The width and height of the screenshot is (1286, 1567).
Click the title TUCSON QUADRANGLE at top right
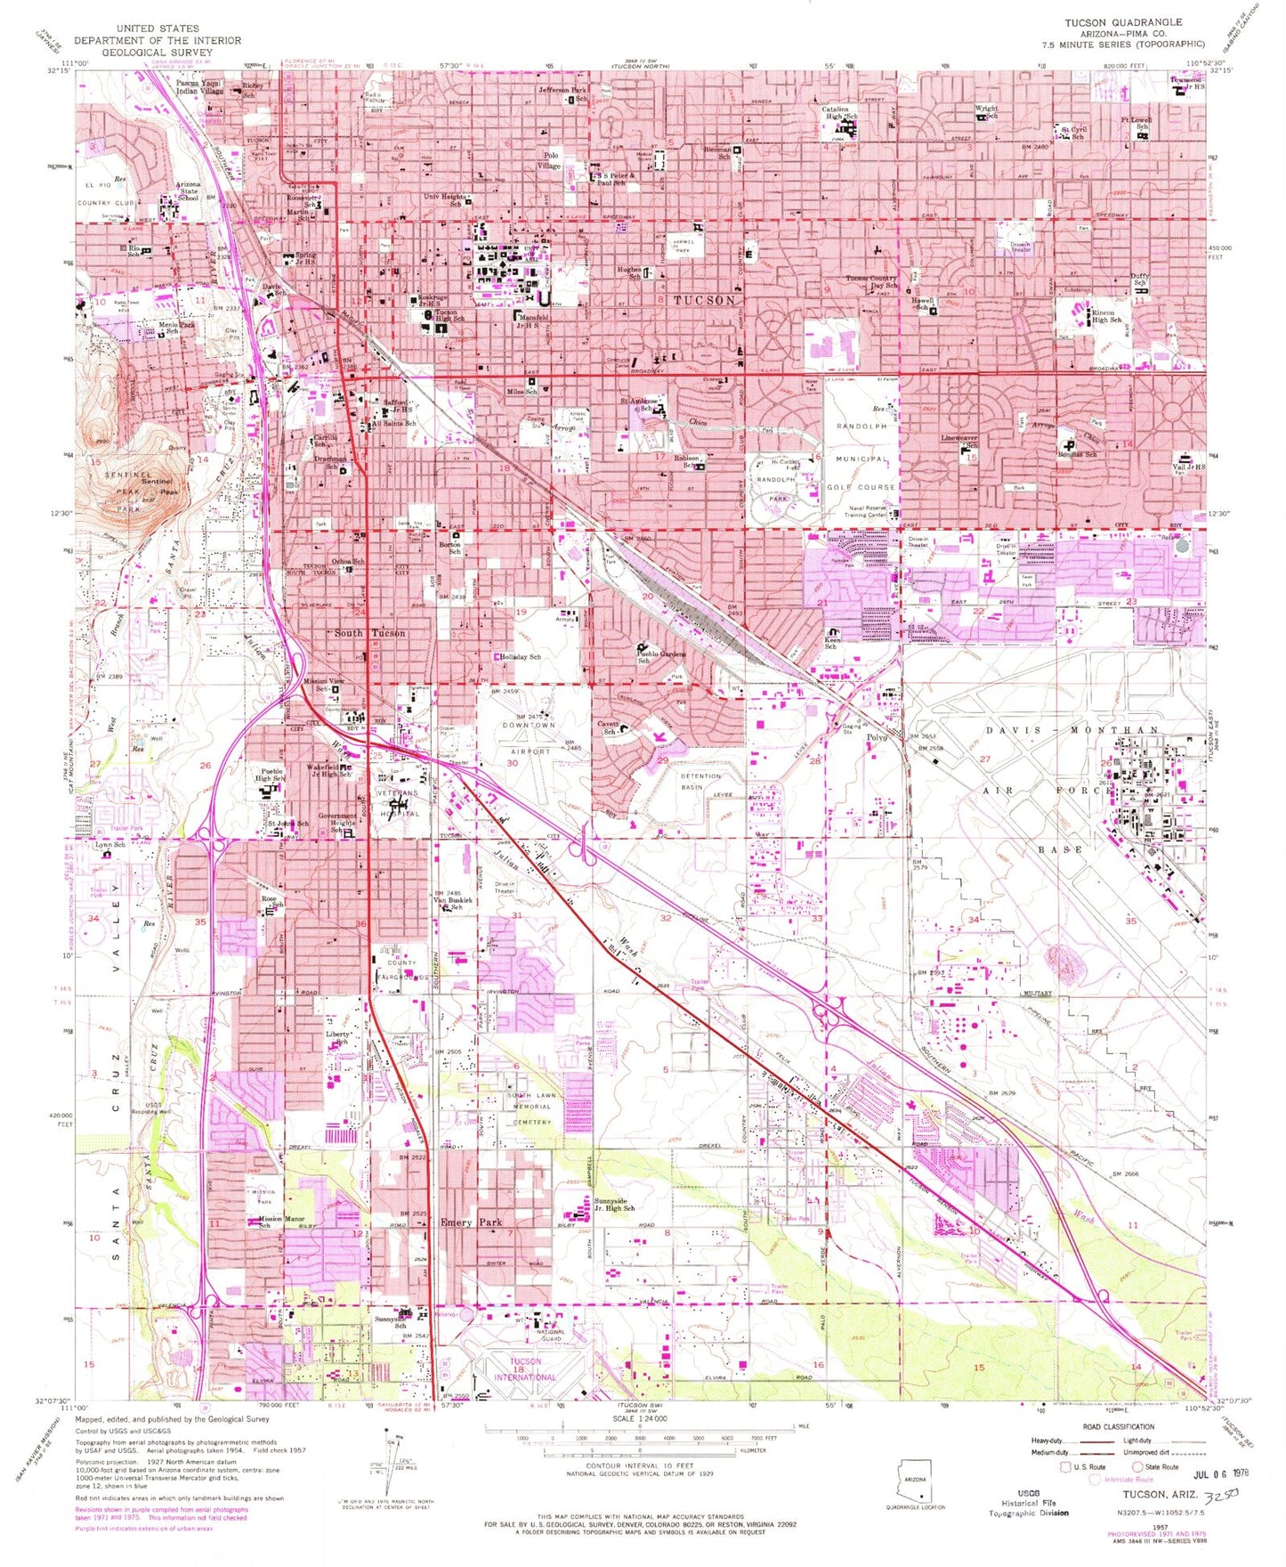(x=1123, y=21)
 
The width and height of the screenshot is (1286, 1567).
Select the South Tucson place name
(x=369, y=633)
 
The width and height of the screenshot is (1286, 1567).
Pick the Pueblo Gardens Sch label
(x=659, y=656)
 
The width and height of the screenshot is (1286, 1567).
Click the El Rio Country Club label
(x=106, y=193)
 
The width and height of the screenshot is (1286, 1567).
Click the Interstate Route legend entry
(x=1127, y=1479)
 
